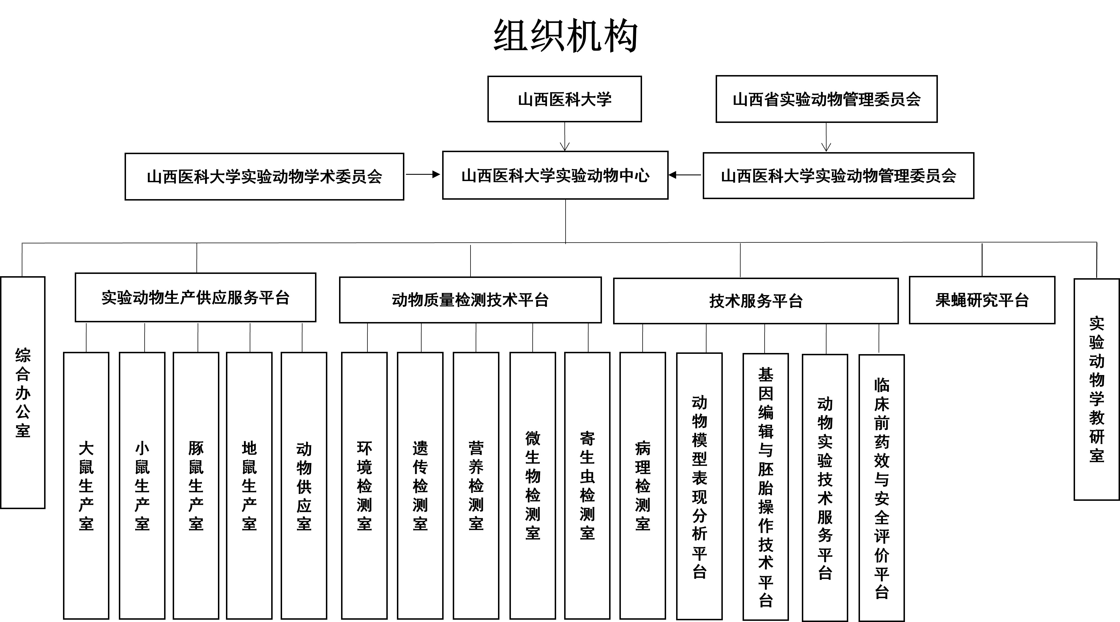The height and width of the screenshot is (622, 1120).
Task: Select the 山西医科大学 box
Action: pos(564,99)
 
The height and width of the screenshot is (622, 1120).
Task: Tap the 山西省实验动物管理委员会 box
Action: pos(826,99)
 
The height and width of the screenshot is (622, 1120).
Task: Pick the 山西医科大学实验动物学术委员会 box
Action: pos(264,176)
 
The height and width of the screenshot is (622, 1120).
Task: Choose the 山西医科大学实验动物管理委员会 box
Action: pos(838,176)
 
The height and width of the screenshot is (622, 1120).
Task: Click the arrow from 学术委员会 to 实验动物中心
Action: pos(423,175)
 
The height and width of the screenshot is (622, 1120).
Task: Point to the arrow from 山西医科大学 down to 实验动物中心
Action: pos(565,137)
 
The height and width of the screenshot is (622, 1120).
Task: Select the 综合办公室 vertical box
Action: pos(23,392)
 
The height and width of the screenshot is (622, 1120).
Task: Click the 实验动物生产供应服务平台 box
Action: pos(195,297)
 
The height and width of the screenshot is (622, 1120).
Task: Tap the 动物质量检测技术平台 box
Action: pos(470,300)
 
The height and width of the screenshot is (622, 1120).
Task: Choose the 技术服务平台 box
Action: pos(756,301)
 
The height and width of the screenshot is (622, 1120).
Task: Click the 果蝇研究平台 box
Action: pos(982,300)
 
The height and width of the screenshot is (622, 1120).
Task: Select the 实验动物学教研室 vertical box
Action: pos(1097,389)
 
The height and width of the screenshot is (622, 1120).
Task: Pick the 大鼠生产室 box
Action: pos(86,485)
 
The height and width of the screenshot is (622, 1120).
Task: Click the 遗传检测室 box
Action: pos(420,485)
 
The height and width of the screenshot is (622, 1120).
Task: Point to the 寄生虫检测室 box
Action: pos(587,485)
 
